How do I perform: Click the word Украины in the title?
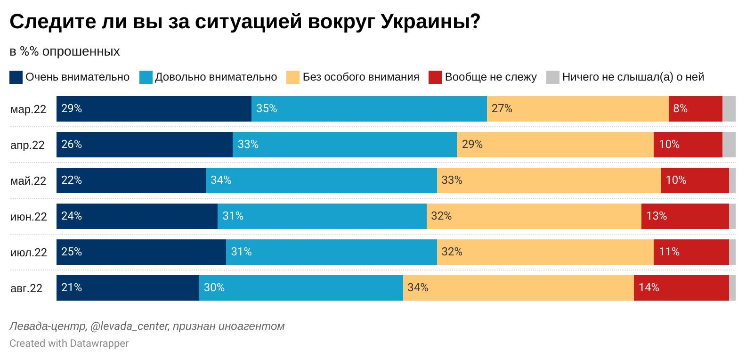coord(430,22)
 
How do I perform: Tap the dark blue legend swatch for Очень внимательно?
coord(16,77)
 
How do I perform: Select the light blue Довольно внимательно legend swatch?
coord(146,77)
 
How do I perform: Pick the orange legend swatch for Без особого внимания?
coord(293,77)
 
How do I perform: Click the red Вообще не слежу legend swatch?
coord(435,77)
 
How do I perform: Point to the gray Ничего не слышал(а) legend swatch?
coord(553,77)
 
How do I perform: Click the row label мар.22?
coord(28,109)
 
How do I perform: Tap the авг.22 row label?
coord(26,288)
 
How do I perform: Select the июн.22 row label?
coord(29,217)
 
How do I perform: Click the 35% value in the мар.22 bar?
coord(267,108)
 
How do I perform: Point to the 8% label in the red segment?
coord(681,108)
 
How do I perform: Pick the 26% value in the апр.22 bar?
coord(72,144)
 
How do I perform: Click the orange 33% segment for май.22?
coord(549,180)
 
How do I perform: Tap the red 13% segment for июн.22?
coord(685,216)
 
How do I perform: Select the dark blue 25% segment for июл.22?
coord(141,252)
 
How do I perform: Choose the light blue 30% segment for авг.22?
coord(301,287)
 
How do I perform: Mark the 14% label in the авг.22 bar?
coord(649,287)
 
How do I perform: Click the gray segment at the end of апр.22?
coord(729,145)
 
